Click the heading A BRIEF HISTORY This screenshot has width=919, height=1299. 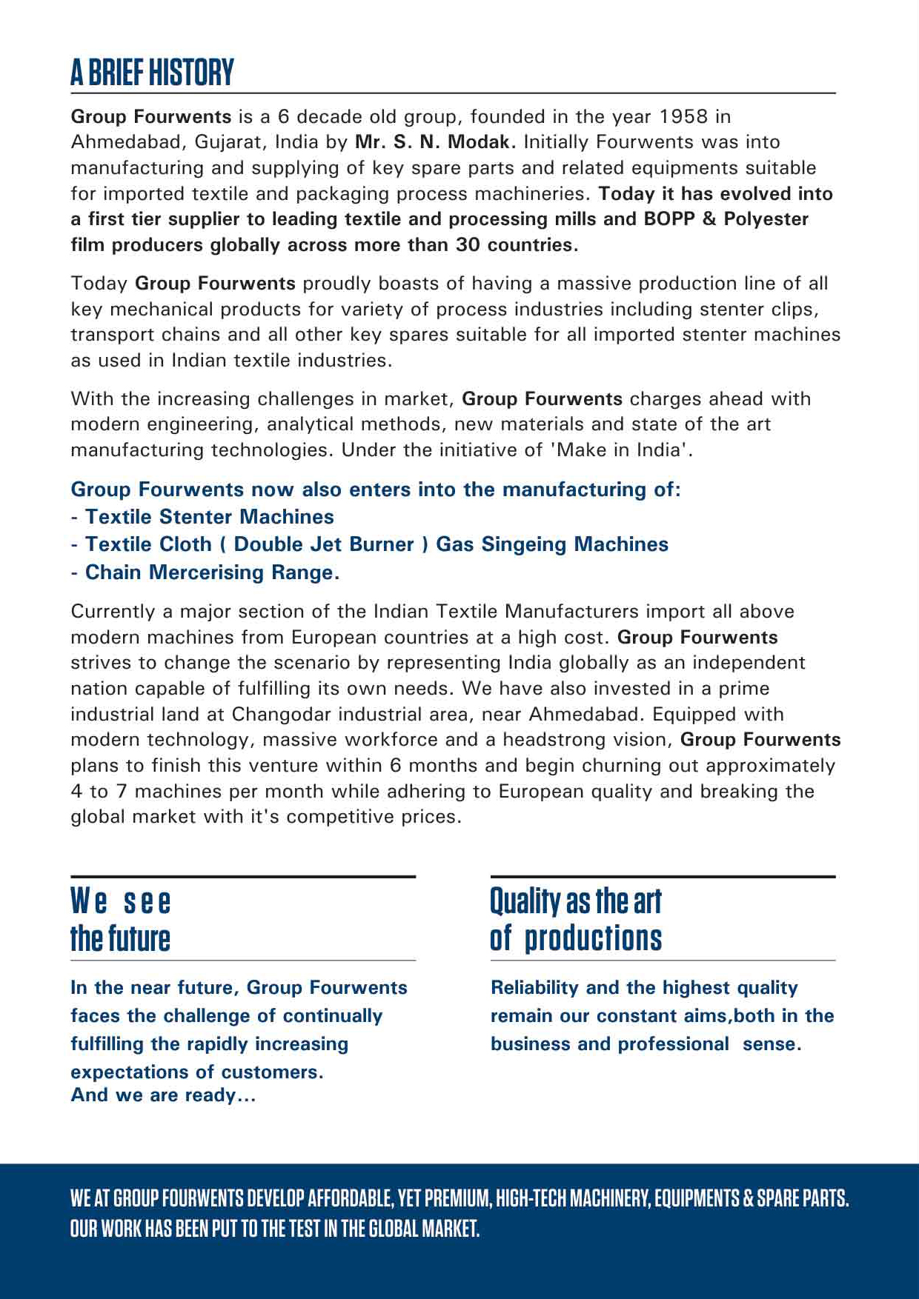[152, 73]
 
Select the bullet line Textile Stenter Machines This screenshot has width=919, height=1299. [209, 517]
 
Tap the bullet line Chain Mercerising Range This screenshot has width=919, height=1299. [212, 572]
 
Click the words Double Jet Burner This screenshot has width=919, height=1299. [324, 544]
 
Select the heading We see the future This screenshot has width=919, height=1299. [121, 920]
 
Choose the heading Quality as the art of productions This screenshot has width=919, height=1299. [576, 920]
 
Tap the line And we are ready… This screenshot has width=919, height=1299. [163, 1095]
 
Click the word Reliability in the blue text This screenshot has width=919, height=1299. [534, 988]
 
